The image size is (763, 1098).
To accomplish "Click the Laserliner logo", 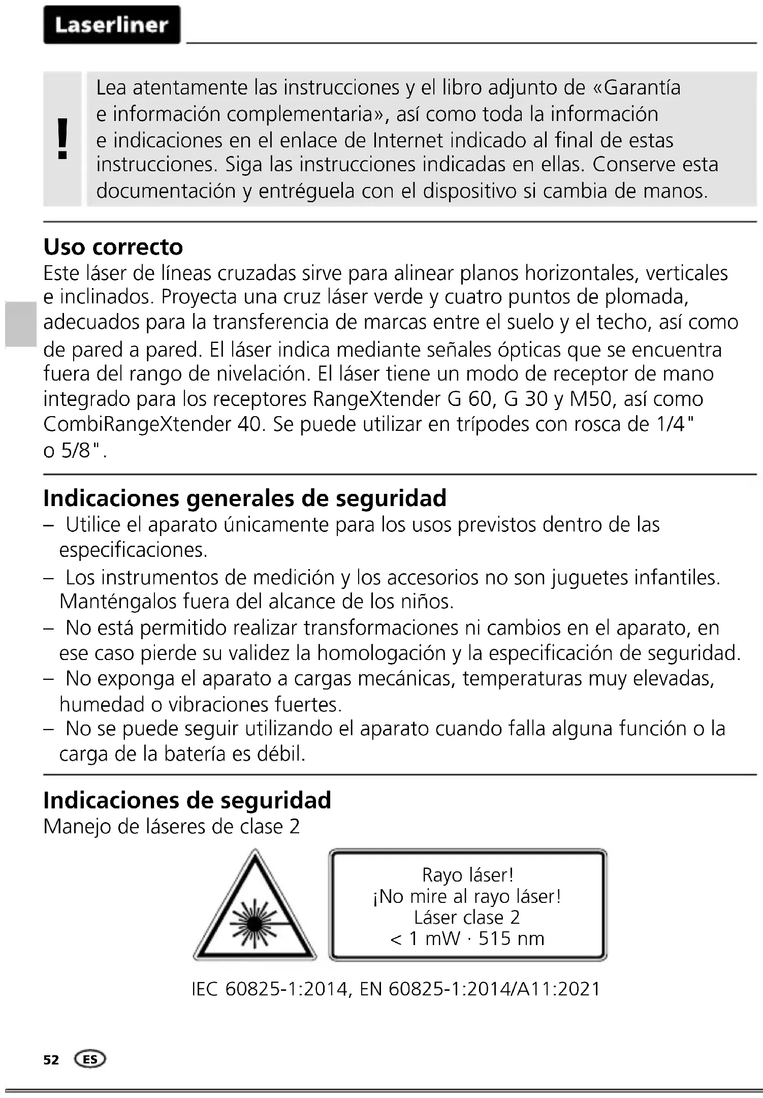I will pos(112,25).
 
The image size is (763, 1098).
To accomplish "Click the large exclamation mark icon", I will pos(62,139).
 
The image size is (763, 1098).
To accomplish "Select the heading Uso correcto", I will pos(113,247).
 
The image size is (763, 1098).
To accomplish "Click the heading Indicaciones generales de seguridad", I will pos(244,498).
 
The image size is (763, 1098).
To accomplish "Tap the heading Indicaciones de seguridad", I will pos(187,800).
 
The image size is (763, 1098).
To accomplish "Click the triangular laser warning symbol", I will pos(255,910).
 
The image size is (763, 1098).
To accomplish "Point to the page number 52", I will pos(51,1060).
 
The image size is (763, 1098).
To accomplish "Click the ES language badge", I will pos(90,1059).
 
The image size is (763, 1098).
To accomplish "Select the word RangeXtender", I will pos(376,399).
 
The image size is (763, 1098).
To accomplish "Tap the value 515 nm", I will pos(511,938).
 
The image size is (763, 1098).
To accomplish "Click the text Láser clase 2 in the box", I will pos(467,917).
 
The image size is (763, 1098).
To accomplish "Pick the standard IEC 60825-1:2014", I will pos(270,989).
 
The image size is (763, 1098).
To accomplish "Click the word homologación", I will pos(381,653).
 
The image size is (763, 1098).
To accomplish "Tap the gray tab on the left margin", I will pos(21,324).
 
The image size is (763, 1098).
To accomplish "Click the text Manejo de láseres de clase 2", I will pos(172,827).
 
